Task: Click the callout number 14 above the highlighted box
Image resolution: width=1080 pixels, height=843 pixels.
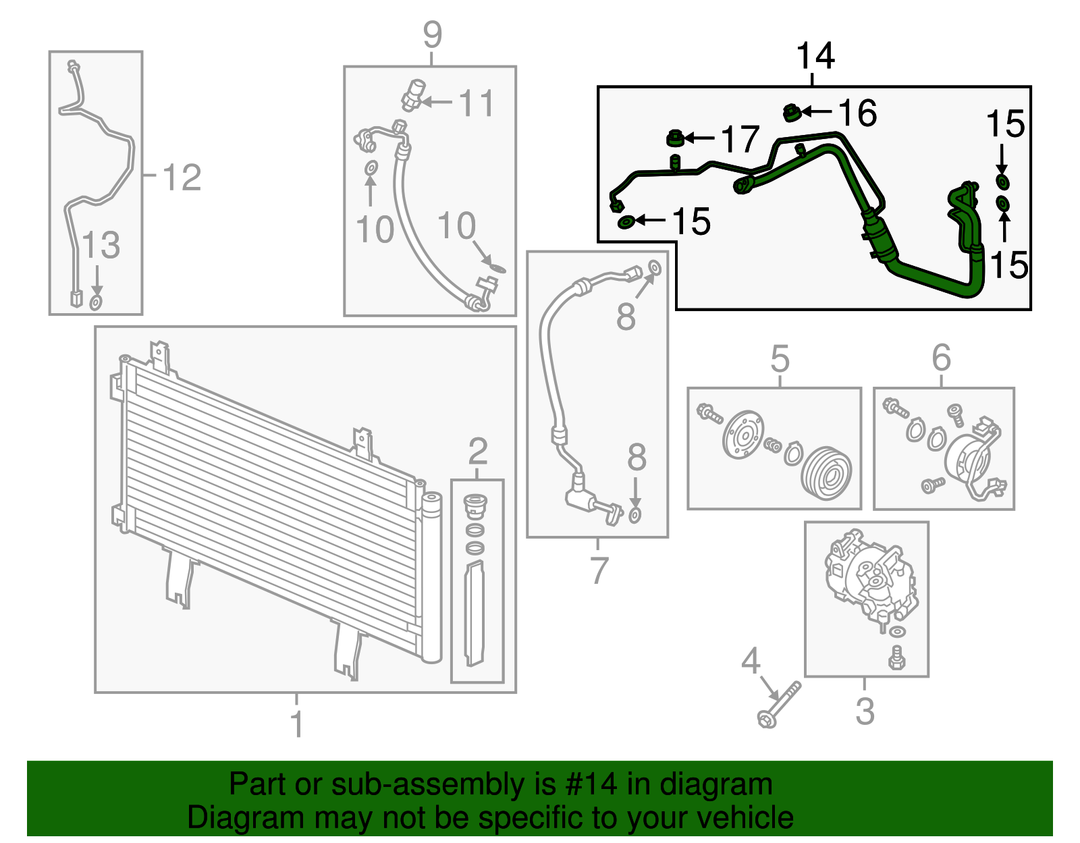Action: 815,56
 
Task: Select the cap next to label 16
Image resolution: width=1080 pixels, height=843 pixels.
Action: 792,113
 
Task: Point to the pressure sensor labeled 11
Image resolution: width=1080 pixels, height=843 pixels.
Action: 413,95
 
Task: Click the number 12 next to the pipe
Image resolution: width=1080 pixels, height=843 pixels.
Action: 182,178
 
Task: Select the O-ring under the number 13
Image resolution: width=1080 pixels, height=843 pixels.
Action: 96,302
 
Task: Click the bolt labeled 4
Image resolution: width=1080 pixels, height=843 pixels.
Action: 780,705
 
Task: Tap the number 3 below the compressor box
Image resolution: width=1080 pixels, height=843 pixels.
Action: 865,711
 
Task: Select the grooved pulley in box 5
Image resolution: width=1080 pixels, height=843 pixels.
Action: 826,473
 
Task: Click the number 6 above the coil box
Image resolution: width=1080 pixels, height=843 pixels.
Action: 942,358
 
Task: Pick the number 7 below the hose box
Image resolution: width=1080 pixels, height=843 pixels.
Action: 599,570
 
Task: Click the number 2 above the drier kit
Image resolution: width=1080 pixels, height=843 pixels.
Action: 477,451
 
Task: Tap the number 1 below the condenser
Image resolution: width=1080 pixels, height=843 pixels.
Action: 296,724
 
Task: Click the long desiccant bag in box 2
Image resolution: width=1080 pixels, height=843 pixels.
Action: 475,613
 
